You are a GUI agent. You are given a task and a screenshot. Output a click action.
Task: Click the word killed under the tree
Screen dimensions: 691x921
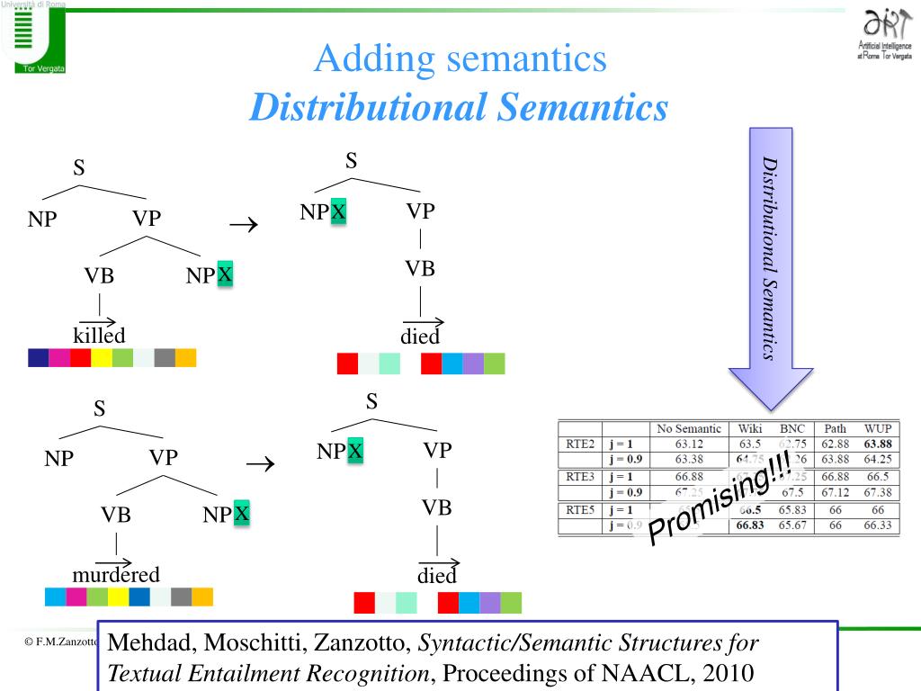(99, 336)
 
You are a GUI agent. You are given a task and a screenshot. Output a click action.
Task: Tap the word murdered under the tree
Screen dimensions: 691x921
(116, 575)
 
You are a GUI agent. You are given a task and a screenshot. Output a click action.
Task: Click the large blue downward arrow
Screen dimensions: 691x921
(771, 270)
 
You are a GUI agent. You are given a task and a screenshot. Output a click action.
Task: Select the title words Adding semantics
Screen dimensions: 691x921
(460, 60)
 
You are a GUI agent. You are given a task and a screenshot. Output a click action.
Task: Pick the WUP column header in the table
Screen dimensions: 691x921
(878, 428)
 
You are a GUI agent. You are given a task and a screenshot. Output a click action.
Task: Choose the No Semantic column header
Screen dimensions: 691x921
(690, 428)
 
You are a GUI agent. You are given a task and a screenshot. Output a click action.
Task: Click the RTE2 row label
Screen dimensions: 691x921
(578, 443)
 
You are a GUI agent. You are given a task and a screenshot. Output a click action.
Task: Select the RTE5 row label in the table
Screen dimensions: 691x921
(578, 510)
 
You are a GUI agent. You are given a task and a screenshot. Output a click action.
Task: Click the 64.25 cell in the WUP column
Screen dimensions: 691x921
(878, 458)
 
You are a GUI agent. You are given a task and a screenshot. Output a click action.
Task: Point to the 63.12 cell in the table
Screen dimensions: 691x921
(690, 443)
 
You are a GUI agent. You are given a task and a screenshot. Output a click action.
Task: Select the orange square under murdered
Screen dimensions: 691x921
(202, 597)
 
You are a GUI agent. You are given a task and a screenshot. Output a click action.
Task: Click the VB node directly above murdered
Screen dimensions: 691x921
(116, 516)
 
